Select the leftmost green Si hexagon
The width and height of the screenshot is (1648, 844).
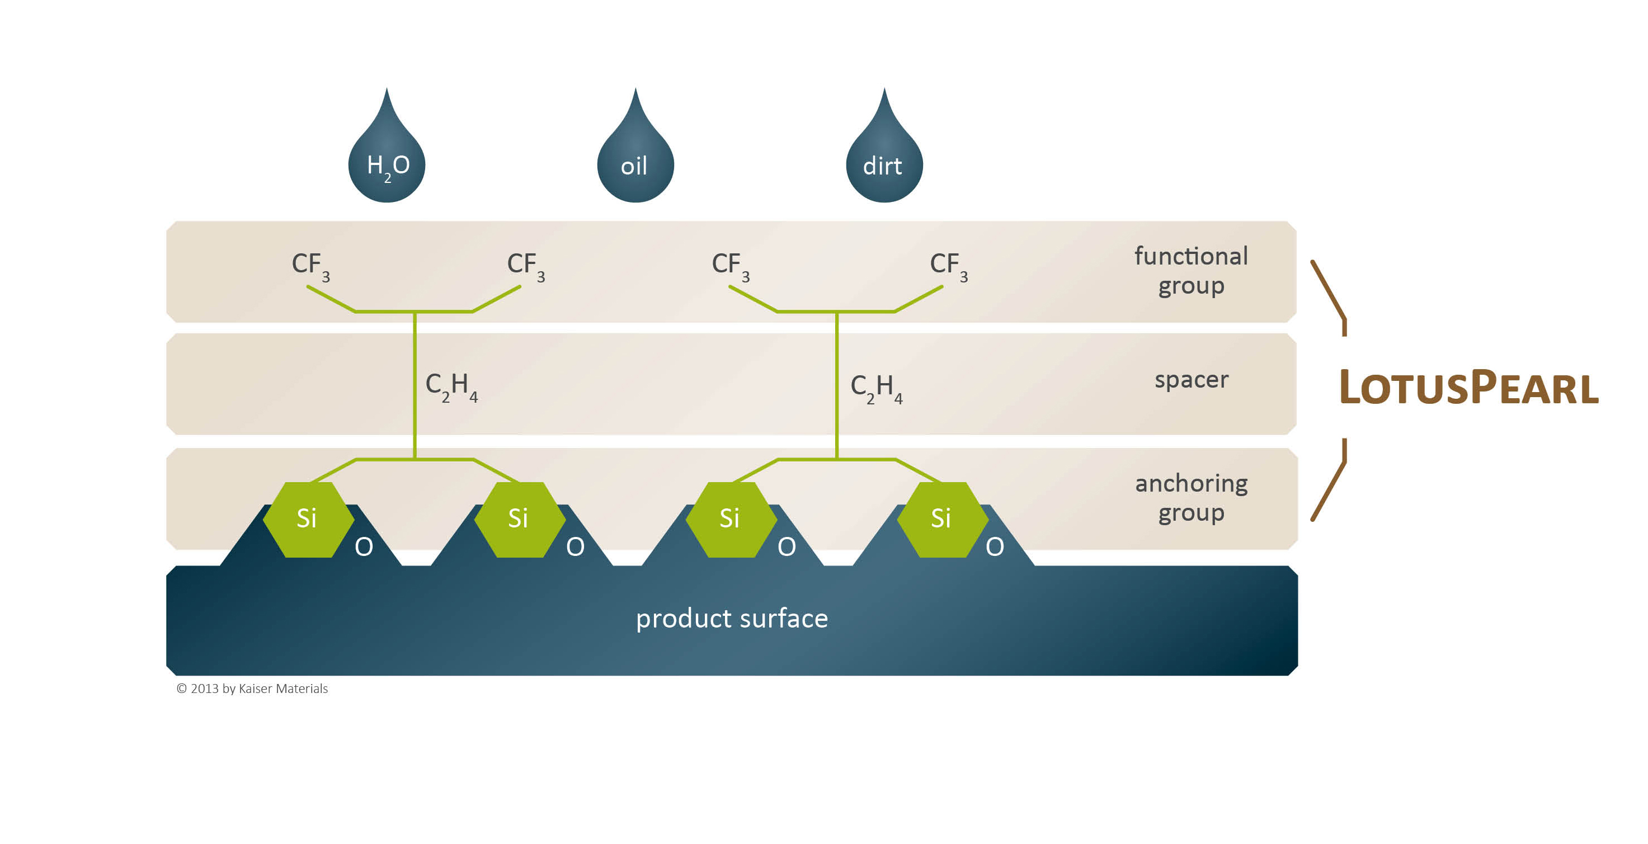pos(308,519)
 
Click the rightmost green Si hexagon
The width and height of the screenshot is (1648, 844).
pos(941,519)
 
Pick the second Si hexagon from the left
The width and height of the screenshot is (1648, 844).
pos(519,519)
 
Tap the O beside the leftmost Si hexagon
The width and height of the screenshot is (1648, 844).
pos(364,547)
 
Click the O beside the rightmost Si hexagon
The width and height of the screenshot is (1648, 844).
pos(995,547)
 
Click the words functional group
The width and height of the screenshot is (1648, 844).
pos(1190,271)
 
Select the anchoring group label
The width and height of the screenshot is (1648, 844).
pos(1191,498)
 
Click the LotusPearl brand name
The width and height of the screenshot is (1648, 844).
pos(1469,388)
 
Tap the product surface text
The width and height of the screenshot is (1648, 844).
pos(732,619)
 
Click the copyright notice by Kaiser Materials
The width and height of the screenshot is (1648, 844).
pos(252,689)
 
